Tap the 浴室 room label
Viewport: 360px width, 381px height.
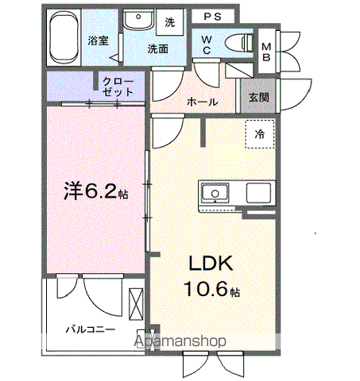[97, 40]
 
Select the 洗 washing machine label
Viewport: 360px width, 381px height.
[169, 23]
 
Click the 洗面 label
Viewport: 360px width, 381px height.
[157, 48]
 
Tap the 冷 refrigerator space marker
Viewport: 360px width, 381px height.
[259, 134]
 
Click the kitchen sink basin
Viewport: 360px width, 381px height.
[215, 194]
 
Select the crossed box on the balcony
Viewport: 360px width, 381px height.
[134, 302]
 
